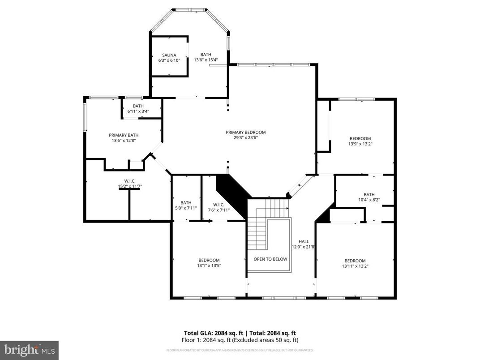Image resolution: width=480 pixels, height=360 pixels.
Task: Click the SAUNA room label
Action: pos(169,55)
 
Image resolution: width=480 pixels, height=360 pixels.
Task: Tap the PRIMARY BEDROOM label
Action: pos(245,132)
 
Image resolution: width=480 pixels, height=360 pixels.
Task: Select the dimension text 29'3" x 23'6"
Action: pos(245,138)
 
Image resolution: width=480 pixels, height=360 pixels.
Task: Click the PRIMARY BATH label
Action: pos(124,135)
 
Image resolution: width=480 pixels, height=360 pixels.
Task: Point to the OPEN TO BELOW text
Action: pos(270,259)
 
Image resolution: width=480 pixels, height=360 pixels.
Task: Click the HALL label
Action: pos(304,241)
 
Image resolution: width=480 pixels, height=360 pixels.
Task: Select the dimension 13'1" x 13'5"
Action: pos(209,266)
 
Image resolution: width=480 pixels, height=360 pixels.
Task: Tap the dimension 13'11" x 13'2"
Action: pos(355,266)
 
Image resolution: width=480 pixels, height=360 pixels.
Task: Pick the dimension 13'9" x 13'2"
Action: pos(360,144)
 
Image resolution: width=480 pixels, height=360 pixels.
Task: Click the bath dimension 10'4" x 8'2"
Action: pos(369,200)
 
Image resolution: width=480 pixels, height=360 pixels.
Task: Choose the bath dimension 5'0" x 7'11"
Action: pos(186,208)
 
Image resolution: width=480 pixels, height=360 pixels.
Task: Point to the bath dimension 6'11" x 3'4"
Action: pos(138,111)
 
